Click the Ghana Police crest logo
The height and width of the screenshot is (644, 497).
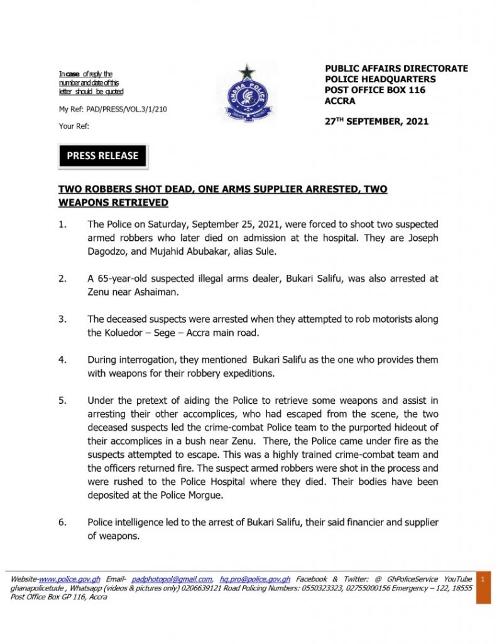click(x=247, y=94)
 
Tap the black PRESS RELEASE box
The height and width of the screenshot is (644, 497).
click(x=102, y=156)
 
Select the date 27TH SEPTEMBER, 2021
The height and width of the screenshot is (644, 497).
click(x=376, y=121)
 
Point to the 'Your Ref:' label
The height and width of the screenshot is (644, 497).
click(x=74, y=126)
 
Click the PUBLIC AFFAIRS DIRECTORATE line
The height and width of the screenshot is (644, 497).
click(x=396, y=69)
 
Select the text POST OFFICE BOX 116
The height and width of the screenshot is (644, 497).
click(x=374, y=90)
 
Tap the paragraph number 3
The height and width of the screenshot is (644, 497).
click(x=63, y=319)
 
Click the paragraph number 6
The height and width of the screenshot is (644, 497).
click(x=63, y=523)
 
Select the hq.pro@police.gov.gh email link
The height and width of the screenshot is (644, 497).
click(x=254, y=579)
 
